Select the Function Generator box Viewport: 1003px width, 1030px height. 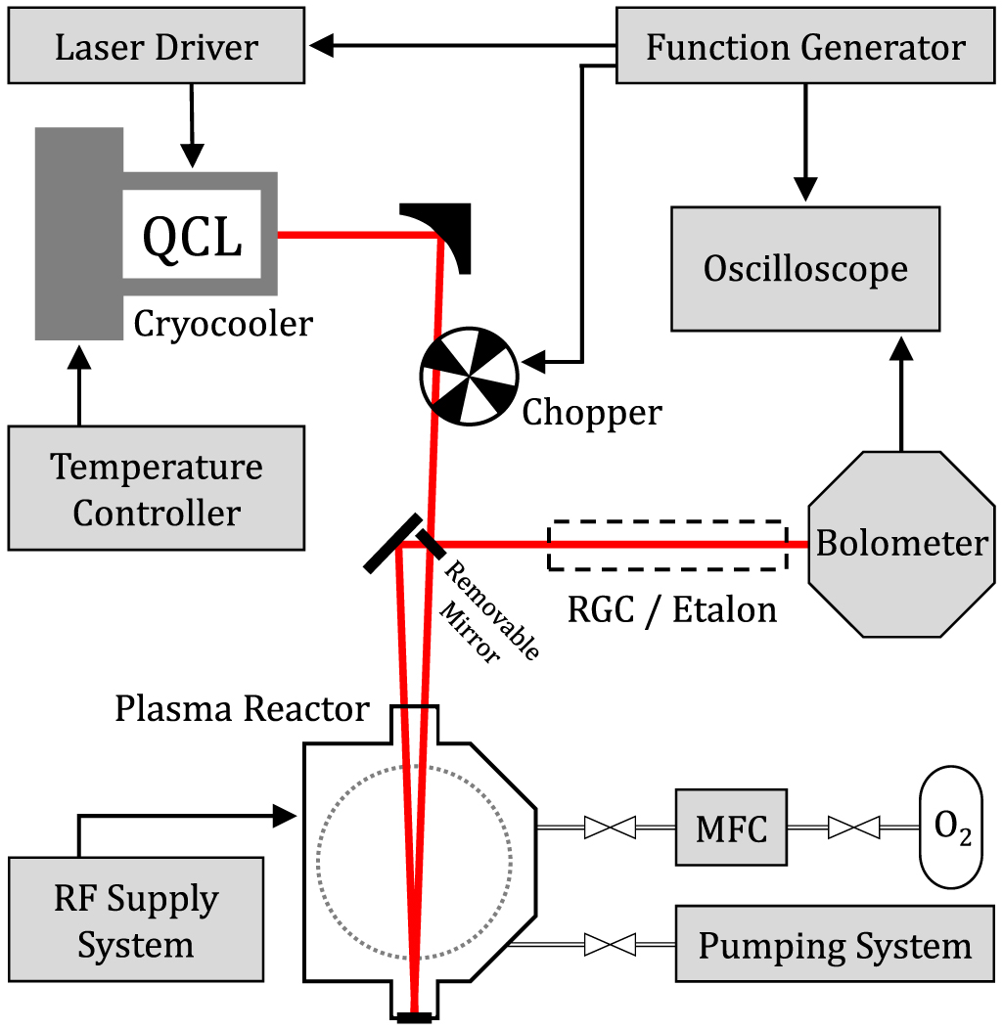[805, 47]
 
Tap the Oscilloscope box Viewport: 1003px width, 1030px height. [805, 269]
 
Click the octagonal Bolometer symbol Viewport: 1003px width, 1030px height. [900, 544]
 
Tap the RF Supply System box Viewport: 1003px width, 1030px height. [135, 920]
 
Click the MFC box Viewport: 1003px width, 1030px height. [731, 828]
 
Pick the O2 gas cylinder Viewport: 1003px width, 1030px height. [950, 828]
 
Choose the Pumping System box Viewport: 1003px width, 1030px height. [834, 946]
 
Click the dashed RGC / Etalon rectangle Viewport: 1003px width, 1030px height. [668, 544]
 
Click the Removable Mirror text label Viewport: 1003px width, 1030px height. [489, 616]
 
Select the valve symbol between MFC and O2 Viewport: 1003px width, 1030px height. [852, 828]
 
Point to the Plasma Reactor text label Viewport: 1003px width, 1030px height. [242, 708]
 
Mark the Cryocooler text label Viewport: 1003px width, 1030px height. [223, 323]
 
